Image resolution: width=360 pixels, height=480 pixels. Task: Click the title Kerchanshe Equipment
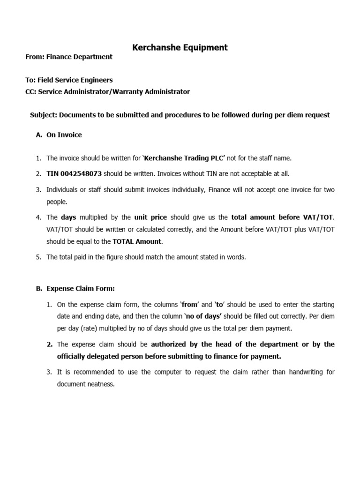pos(180,47)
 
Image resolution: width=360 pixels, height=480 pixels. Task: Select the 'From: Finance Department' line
pos(69,57)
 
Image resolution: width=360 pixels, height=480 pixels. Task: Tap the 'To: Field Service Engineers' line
pos(69,80)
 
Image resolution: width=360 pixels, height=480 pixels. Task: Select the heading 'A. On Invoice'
pos(59,135)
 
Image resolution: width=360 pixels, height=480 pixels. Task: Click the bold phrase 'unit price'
pos(150,217)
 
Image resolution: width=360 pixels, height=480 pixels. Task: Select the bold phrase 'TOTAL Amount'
pos(136,241)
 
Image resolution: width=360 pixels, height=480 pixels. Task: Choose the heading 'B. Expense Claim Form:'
pos(75,289)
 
